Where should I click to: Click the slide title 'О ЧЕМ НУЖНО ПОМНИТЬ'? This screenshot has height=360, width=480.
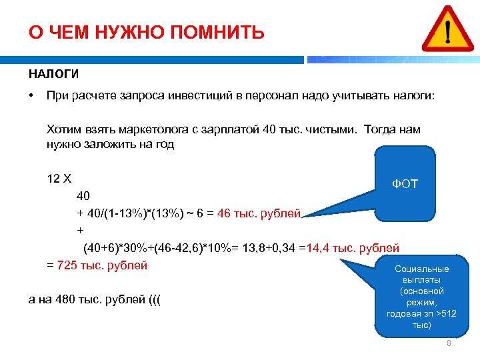pos(146,33)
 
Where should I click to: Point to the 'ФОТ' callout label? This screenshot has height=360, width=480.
pos(405,183)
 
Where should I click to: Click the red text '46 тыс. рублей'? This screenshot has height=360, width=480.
pos(259,213)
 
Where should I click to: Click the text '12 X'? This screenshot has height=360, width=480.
pos(59,179)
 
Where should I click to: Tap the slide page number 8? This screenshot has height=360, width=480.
pos(449,343)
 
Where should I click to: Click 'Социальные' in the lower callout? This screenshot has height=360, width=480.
pos(421,269)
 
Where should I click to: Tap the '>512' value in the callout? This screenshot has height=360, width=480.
pos(445,313)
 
